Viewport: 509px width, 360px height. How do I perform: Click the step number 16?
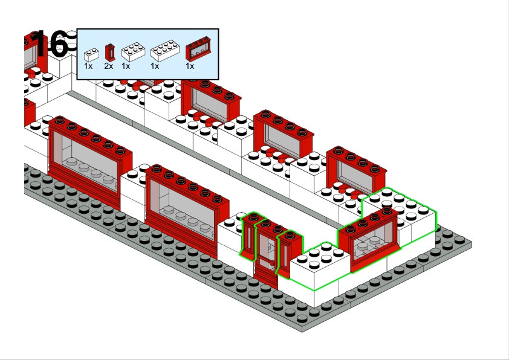pos(51,44)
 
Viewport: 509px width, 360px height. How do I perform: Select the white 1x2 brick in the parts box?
pos(91,54)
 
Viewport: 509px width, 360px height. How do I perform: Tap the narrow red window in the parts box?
pos(109,53)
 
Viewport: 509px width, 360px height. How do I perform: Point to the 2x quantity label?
pos(109,66)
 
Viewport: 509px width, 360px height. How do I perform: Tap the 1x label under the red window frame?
pos(190,66)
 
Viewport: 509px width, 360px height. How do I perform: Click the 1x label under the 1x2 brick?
pos(88,66)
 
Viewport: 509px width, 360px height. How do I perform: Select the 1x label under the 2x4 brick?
pos(155,66)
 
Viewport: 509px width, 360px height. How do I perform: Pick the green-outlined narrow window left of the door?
pos(249,236)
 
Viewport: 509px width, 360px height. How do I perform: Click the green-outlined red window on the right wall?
pos(369,239)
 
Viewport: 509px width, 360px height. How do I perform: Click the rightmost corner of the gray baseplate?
pos(471,245)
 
